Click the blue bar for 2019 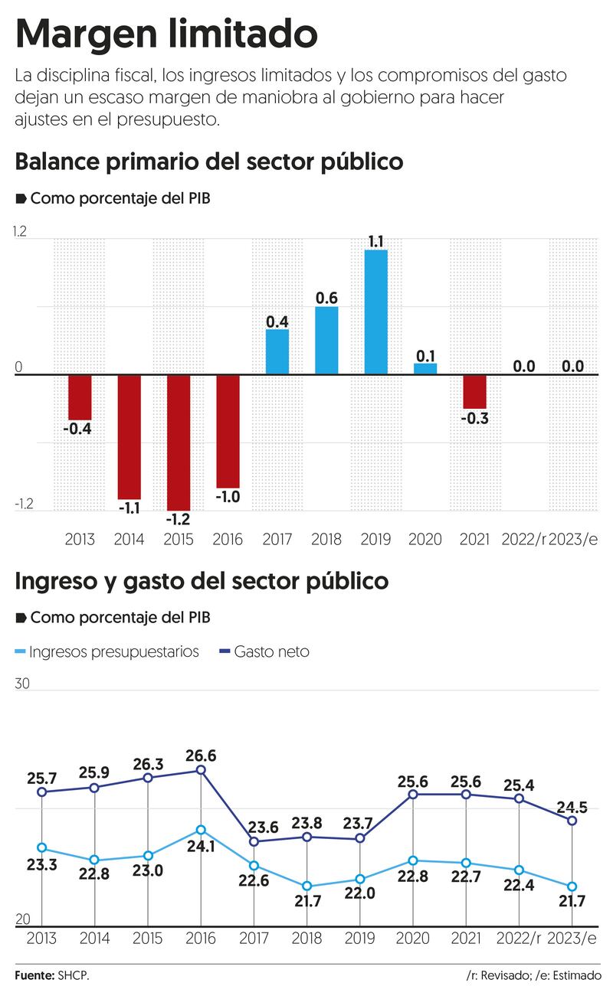[x=375, y=312]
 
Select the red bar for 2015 [x=179, y=442]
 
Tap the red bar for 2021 [x=474, y=392]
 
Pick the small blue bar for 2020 [x=425, y=369]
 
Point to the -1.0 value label [x=228, y=497]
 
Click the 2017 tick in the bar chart [x=277, y=539]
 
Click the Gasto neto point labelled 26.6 [x=201, y=770]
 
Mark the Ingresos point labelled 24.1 [x=201, y=830]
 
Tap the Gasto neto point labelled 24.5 [x=572, y=821]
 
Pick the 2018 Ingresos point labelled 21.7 [x=306, y=886]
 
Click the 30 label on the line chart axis [x=22, y=684]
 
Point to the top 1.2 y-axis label [x=21, y=233]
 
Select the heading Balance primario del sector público [x=208, y=162]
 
